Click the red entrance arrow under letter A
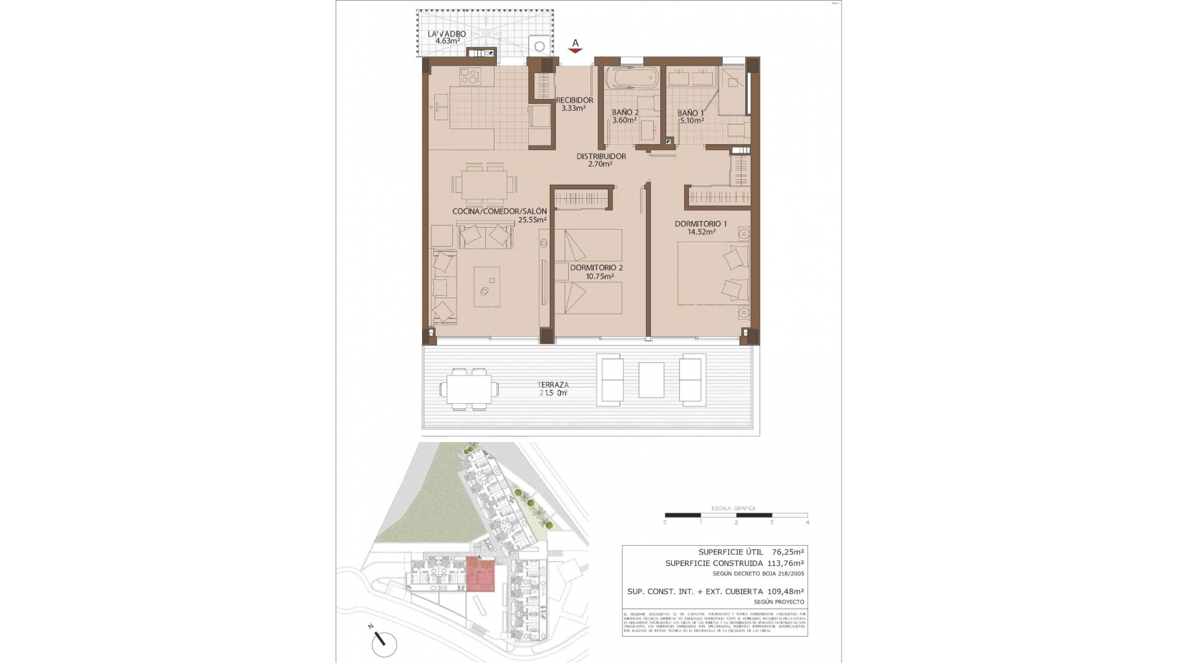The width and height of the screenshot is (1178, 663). (x=575, y=52)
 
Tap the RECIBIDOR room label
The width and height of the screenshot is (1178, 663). (x=574, y=101)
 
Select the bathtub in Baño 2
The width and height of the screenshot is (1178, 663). (x=631, y=79)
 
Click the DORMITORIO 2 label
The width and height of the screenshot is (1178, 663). (x=596, y=268)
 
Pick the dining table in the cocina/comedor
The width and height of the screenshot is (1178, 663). (x=485, y=183)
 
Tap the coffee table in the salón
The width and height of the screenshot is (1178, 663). (x=487, y=287)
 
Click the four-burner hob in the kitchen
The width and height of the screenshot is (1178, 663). (x=470, y=77)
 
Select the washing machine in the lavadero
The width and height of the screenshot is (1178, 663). (x=539, y=46)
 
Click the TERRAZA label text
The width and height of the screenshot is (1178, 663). (x=554, y=385)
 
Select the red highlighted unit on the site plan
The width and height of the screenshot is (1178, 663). (x=480, y=575)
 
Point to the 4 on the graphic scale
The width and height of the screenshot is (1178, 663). (x=807, y=522)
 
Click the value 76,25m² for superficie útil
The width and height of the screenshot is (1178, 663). (x=787, y=552)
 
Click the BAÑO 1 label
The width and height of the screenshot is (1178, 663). (x=690, y=113)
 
